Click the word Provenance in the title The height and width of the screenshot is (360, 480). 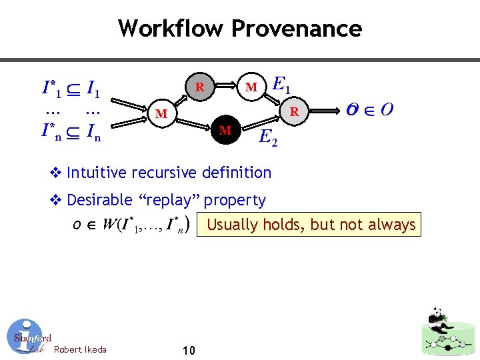pyautogui.click(x=297, y=29)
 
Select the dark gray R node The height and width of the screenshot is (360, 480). pyautogui.click(x=199, y=87)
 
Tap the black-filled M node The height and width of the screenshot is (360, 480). pyautogui.click(x=225, y=130)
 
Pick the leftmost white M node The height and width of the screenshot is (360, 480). pyautogui.click(x=161, y=114)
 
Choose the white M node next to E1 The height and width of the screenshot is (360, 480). pyautogui.click(x=251, y=87)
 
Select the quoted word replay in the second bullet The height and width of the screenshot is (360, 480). pyautogui.click(x=175, y=200)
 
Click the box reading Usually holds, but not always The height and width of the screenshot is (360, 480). pyautogui.click(x=311, y=225)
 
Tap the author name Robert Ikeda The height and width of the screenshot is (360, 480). pyautogui.click(x=79, y=349)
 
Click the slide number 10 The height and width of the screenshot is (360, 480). pyautogui.click(x=188, y=350)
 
